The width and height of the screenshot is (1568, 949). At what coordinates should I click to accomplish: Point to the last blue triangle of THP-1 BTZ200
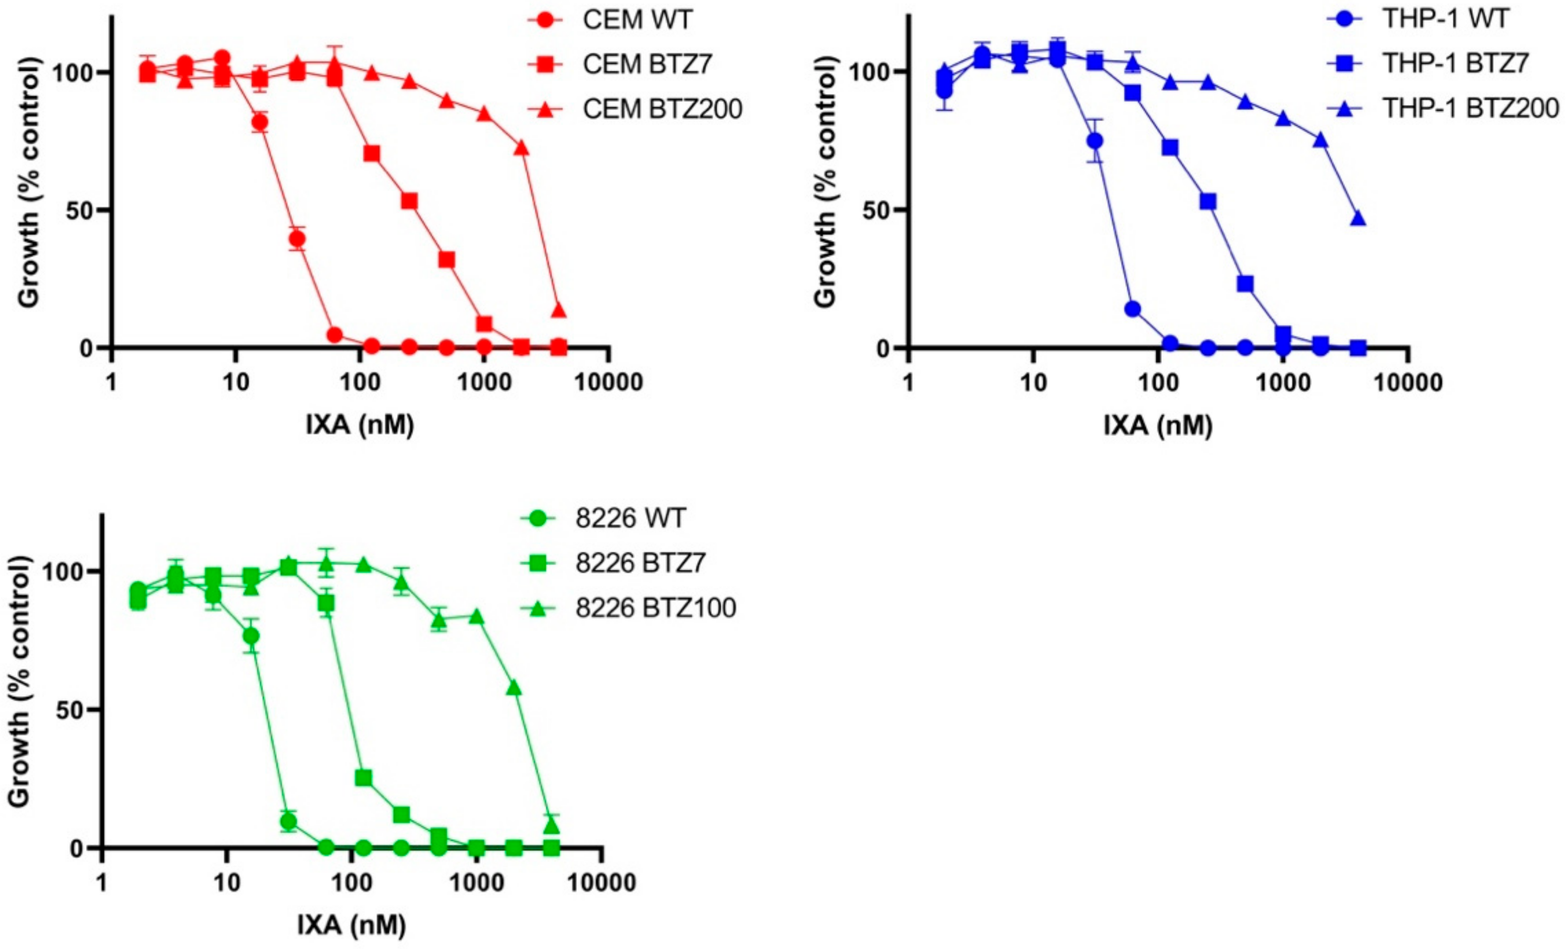pyautogui.click(x=1358, y=219)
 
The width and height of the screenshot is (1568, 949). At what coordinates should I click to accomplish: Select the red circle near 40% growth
pyautogui.click(x=297, y=239)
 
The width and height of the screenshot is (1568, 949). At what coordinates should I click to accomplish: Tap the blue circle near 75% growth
pyautogui.click(x=1095, y=140)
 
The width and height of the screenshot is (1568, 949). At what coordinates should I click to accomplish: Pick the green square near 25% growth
pyautogui.click(x=363, y=778)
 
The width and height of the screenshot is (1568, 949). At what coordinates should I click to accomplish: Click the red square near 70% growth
pyautogui.click(x=372, y=154)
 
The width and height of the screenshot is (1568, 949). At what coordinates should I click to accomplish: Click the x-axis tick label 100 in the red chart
pyautogui.click(x=360, y=383)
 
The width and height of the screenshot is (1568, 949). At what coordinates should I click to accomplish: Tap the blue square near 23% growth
pyautogui.click(x=1245, y=284)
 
